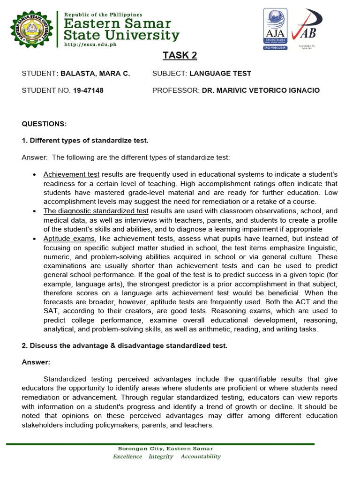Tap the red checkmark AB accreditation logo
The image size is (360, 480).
point(306,26)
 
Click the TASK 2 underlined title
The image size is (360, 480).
point(180,56)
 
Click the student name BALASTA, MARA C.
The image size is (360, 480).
point(94,74)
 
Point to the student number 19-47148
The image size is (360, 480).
point(88,90)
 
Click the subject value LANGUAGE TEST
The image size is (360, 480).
point(220,74)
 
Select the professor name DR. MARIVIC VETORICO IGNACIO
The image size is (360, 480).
point(261,90)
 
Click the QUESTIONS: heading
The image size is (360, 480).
point(45,124)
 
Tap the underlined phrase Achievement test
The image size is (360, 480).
point(71,174)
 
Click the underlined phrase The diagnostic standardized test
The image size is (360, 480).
point(96,211)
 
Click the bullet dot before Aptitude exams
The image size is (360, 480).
point(35,239)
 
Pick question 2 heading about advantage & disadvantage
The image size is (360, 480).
point(124,345)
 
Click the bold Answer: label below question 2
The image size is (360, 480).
point(36,362)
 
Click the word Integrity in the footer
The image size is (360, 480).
point(161,457)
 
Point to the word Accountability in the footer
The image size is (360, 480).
point(201,457)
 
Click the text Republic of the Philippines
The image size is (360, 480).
point(103,15)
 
